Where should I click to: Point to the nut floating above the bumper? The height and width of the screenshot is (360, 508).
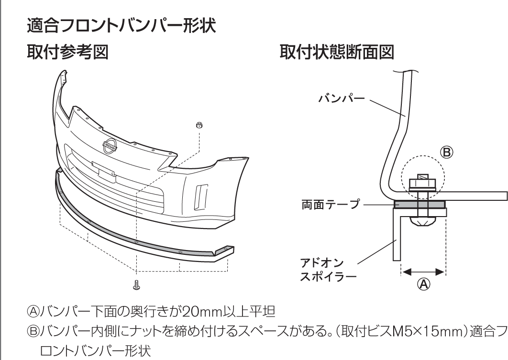[x=200, y=125]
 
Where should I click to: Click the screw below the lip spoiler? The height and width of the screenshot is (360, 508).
[x=136, y=285]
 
